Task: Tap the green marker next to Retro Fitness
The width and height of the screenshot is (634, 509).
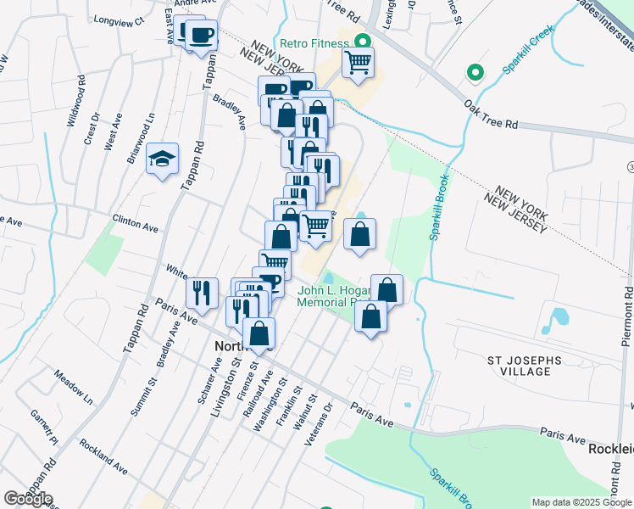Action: [364, 42]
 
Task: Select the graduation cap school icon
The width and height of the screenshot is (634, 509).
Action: [163, 159]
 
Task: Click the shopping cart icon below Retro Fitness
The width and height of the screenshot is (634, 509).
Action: [359, 62]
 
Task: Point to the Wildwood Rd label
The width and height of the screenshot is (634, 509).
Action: [77, 103]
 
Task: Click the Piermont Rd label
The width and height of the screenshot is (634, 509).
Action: [626, 316]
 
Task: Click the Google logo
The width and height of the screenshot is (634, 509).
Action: [28, 499]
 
